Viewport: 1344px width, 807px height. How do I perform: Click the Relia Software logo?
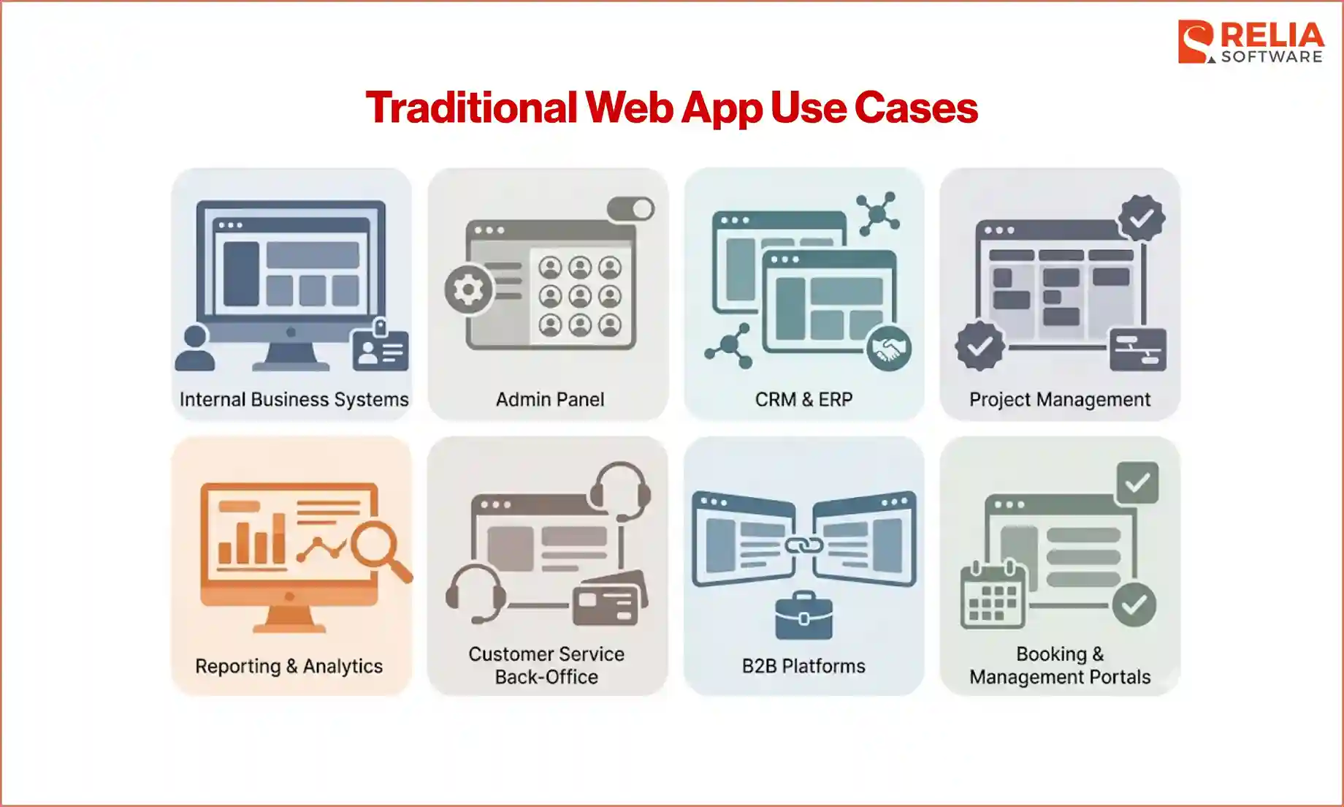click(1251, 42)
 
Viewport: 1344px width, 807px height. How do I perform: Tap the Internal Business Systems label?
click(294, 399)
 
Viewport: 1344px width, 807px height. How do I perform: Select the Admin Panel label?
click(550, 399)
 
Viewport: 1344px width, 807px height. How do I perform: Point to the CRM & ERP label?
click(803, 399)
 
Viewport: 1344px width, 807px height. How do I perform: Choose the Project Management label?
click(1059, 399)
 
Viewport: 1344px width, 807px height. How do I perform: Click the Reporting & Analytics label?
click(289, 666)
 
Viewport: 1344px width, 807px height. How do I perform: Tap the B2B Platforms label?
click(803, 666)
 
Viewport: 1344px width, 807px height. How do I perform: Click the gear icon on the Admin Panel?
click(468, 290)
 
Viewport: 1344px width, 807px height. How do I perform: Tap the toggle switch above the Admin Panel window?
click(631, 209)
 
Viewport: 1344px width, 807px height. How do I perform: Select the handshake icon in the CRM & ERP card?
click(888, 348)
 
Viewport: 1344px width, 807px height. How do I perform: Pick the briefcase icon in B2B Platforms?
click(803, 616)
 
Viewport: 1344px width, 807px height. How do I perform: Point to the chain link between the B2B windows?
click(803, 545)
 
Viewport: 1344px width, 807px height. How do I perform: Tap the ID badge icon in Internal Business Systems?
click(381, 349)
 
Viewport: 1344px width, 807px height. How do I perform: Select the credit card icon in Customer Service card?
click(610, 599)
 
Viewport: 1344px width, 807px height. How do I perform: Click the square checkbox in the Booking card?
click(1137, 482)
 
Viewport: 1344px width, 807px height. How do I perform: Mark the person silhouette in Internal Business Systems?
click(195, 349)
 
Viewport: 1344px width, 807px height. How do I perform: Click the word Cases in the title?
click(916, 108)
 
